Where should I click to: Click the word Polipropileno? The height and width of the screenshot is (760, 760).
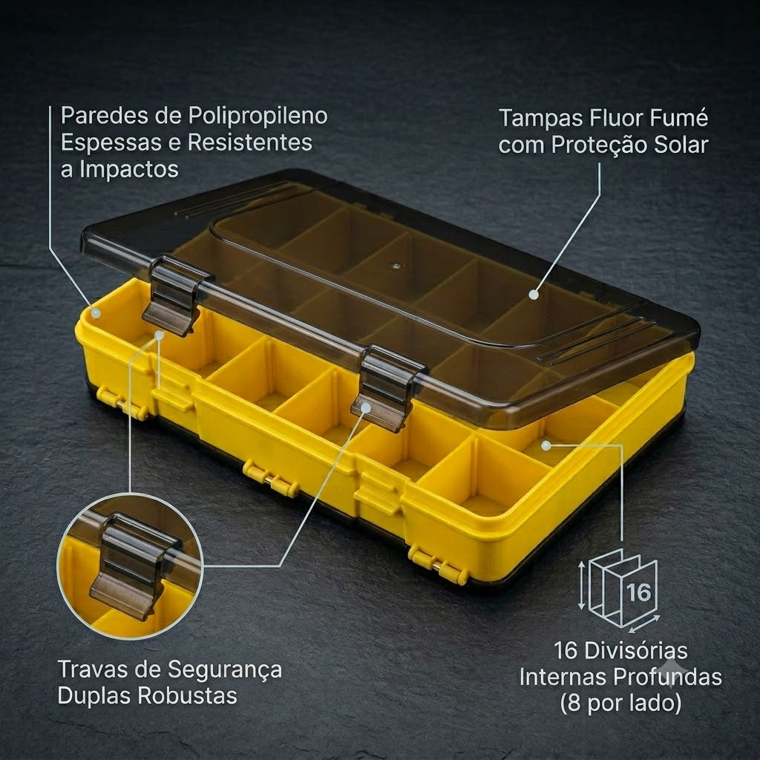(258, 117)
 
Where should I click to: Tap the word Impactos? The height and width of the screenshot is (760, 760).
(129, 170)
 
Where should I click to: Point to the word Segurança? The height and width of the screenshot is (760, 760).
(225, 670)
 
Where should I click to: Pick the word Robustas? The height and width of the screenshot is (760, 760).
(188, 695)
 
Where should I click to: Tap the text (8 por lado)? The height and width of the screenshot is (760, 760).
(621, 703)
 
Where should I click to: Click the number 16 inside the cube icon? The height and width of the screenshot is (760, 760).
(638, 592)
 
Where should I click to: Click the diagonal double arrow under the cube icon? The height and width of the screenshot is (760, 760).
(643, 623)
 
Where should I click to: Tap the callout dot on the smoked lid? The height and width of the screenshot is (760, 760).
(534, 294)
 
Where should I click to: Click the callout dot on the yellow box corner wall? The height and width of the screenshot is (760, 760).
(96, 312)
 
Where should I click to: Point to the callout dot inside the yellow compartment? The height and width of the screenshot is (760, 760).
(546, 445)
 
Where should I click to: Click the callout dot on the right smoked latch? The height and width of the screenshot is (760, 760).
(366, 408)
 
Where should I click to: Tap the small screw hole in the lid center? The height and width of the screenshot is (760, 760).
(396, 266)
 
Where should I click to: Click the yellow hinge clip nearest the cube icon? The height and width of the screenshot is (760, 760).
(438, 565)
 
